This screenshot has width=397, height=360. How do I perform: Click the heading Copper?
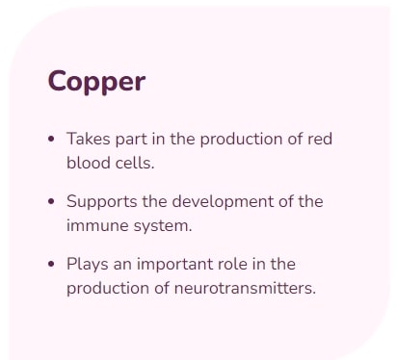click(96, 82)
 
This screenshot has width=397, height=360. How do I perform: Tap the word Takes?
click(89, 139)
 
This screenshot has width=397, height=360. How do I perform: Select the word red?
click(320, 139)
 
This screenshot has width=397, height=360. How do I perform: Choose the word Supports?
click(102, 202)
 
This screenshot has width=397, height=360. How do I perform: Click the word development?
click(223, 202)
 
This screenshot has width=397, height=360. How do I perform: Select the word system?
click(163, 226)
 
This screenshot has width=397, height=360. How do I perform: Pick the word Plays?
click(88, 265)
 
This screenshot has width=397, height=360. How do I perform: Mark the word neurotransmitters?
click(245, 289)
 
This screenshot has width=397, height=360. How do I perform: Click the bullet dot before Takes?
click(51, 140)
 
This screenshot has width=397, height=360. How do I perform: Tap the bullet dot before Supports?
click(51, 202)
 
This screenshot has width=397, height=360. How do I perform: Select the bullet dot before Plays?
click(51, 265)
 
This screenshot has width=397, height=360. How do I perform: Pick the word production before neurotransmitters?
click(108, 289)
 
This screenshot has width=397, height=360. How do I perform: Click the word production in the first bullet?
click(241, 140)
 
